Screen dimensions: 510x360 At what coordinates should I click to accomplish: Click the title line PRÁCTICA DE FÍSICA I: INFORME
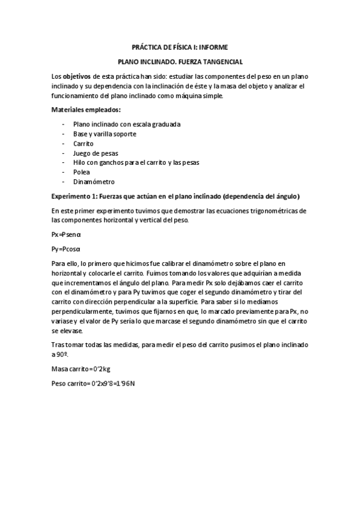coord(180,46)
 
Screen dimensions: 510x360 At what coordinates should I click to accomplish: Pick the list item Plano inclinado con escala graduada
coord(126,124)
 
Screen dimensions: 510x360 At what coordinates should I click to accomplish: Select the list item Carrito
coord(83,143)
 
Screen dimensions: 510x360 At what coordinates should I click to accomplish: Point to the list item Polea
coord(81,172)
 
